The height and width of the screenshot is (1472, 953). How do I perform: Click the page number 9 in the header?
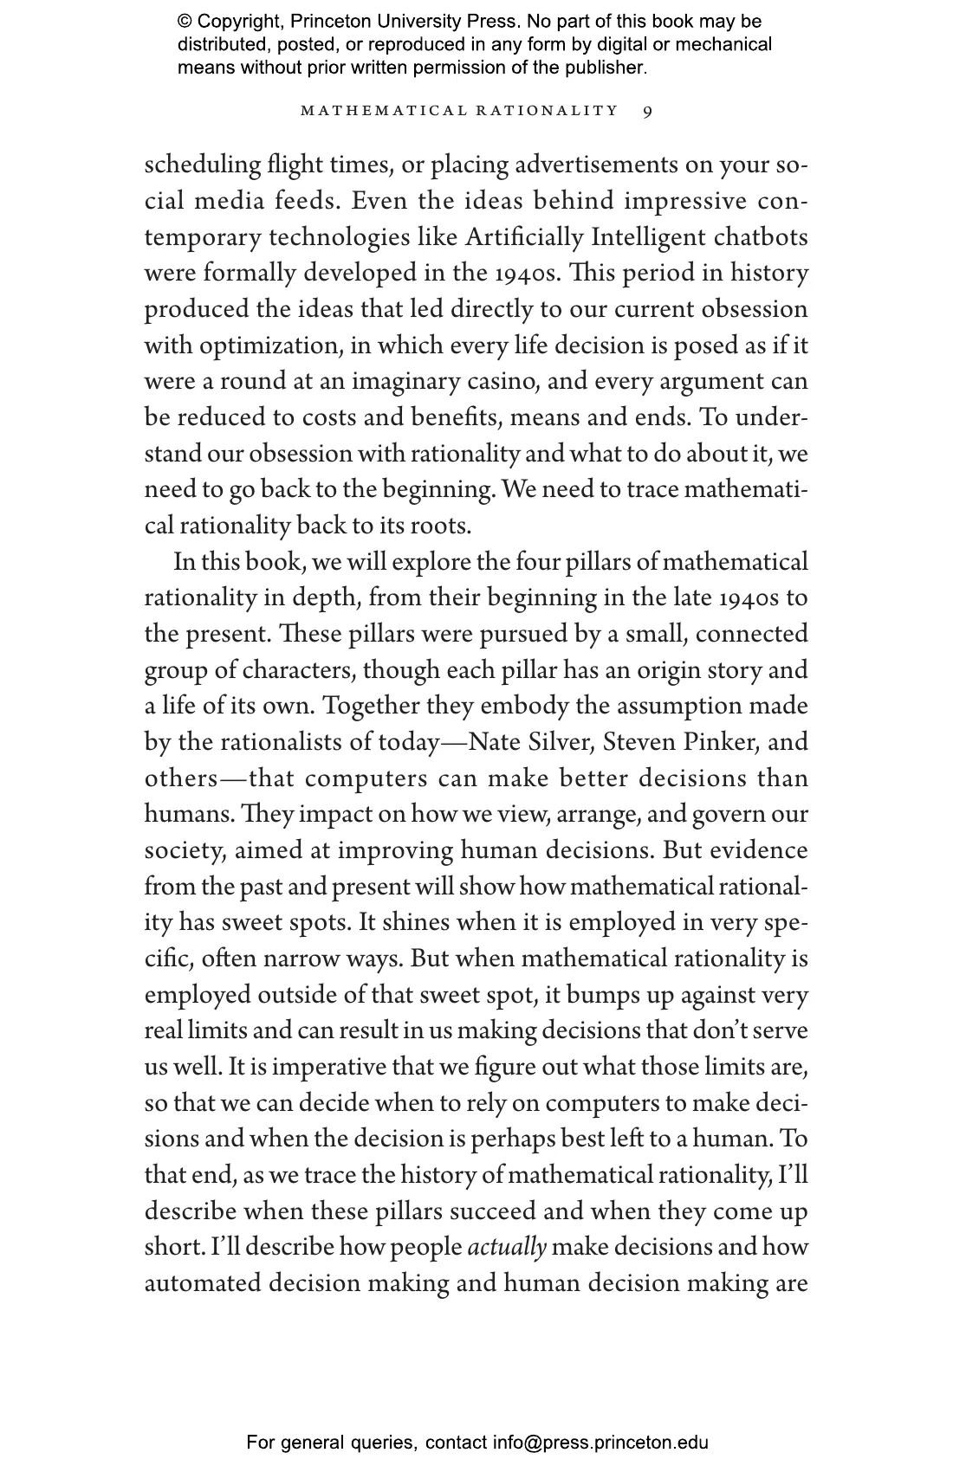pos(648,111)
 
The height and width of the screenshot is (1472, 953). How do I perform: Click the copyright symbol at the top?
pos(185,22)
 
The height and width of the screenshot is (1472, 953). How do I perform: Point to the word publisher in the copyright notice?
pos(606,67)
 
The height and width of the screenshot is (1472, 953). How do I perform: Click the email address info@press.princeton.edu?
pos(601,1443)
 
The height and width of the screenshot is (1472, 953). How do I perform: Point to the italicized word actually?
pos(507,1247)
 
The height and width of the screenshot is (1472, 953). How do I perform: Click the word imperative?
pos(319,1067)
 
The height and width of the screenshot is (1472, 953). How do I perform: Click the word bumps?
pos(600,995)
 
